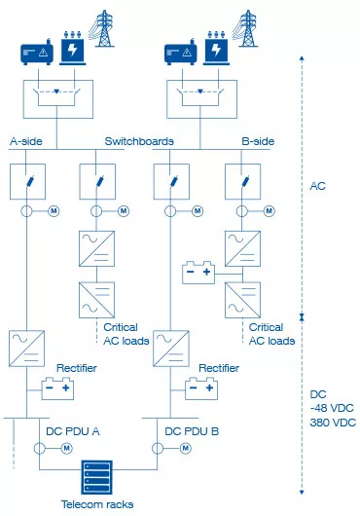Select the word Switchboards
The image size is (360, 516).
139,141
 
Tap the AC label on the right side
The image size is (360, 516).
317,184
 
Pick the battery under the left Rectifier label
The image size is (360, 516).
56,388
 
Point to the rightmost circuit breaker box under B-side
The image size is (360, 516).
240,182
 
